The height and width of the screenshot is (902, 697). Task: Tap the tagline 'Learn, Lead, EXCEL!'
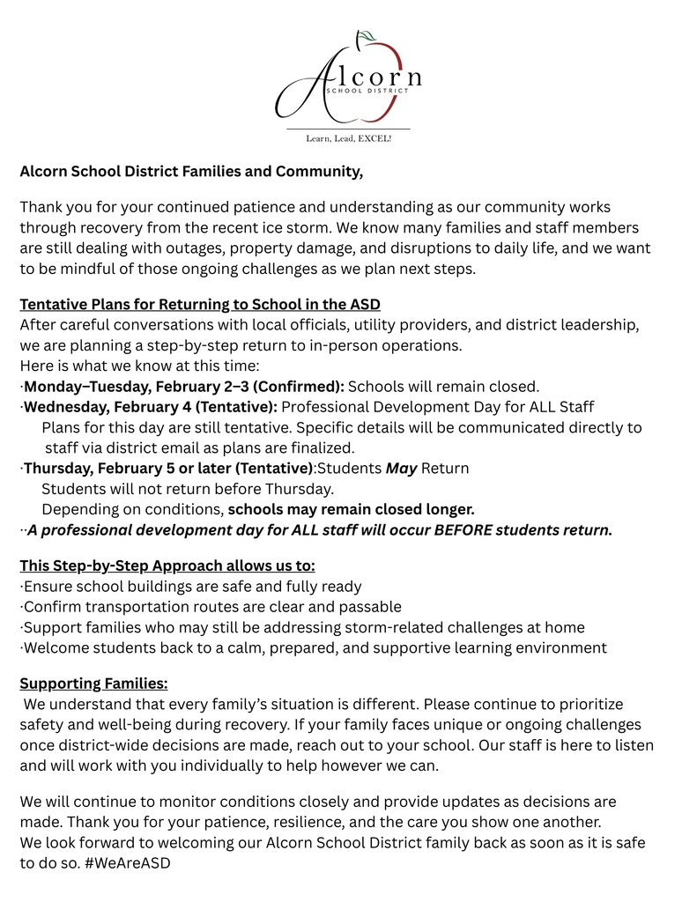(x=348, y=138)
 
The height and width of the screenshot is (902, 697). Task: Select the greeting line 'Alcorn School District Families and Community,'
(x=191, y=171)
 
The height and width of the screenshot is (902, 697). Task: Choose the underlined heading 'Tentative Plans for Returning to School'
(x=200, y=304)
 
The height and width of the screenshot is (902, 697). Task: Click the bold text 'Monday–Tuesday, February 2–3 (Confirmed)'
(x=184, y=387)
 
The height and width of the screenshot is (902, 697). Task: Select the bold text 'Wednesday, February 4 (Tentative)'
(x=151, y=407)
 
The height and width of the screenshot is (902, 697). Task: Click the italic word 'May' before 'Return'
(x=401, y=469)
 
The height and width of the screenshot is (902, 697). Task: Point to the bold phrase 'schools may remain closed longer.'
(x=351, y=509)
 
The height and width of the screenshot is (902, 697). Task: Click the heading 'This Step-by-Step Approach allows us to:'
(x=167, y=566)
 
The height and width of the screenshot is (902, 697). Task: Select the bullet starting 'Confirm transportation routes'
(x=211, y=607)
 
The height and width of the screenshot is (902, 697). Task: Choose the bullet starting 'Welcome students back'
(x=315, y=648)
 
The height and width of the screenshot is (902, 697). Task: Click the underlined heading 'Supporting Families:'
(x=93, y=684)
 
